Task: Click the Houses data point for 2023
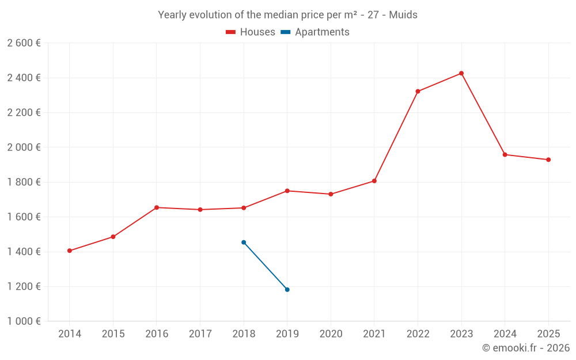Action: point(461,73)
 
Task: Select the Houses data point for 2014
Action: point(70,251)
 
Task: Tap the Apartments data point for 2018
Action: point(244,242)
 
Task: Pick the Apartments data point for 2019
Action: point(287,289)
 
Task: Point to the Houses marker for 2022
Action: point(418,91)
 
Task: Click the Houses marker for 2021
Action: point(374,181)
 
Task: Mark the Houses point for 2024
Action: point(505,154)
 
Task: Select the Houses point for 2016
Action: point(157,207)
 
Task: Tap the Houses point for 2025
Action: point(548,160)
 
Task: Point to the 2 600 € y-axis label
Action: point(24,43)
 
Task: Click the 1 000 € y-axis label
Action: point(24,321)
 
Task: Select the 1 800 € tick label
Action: point(24,182)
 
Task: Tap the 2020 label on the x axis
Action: point(331,334)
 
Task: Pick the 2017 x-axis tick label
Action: point(200,334)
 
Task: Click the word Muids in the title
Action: point(403,15)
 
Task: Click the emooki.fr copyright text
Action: point(526,348)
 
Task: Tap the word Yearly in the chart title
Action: point(172,15)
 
